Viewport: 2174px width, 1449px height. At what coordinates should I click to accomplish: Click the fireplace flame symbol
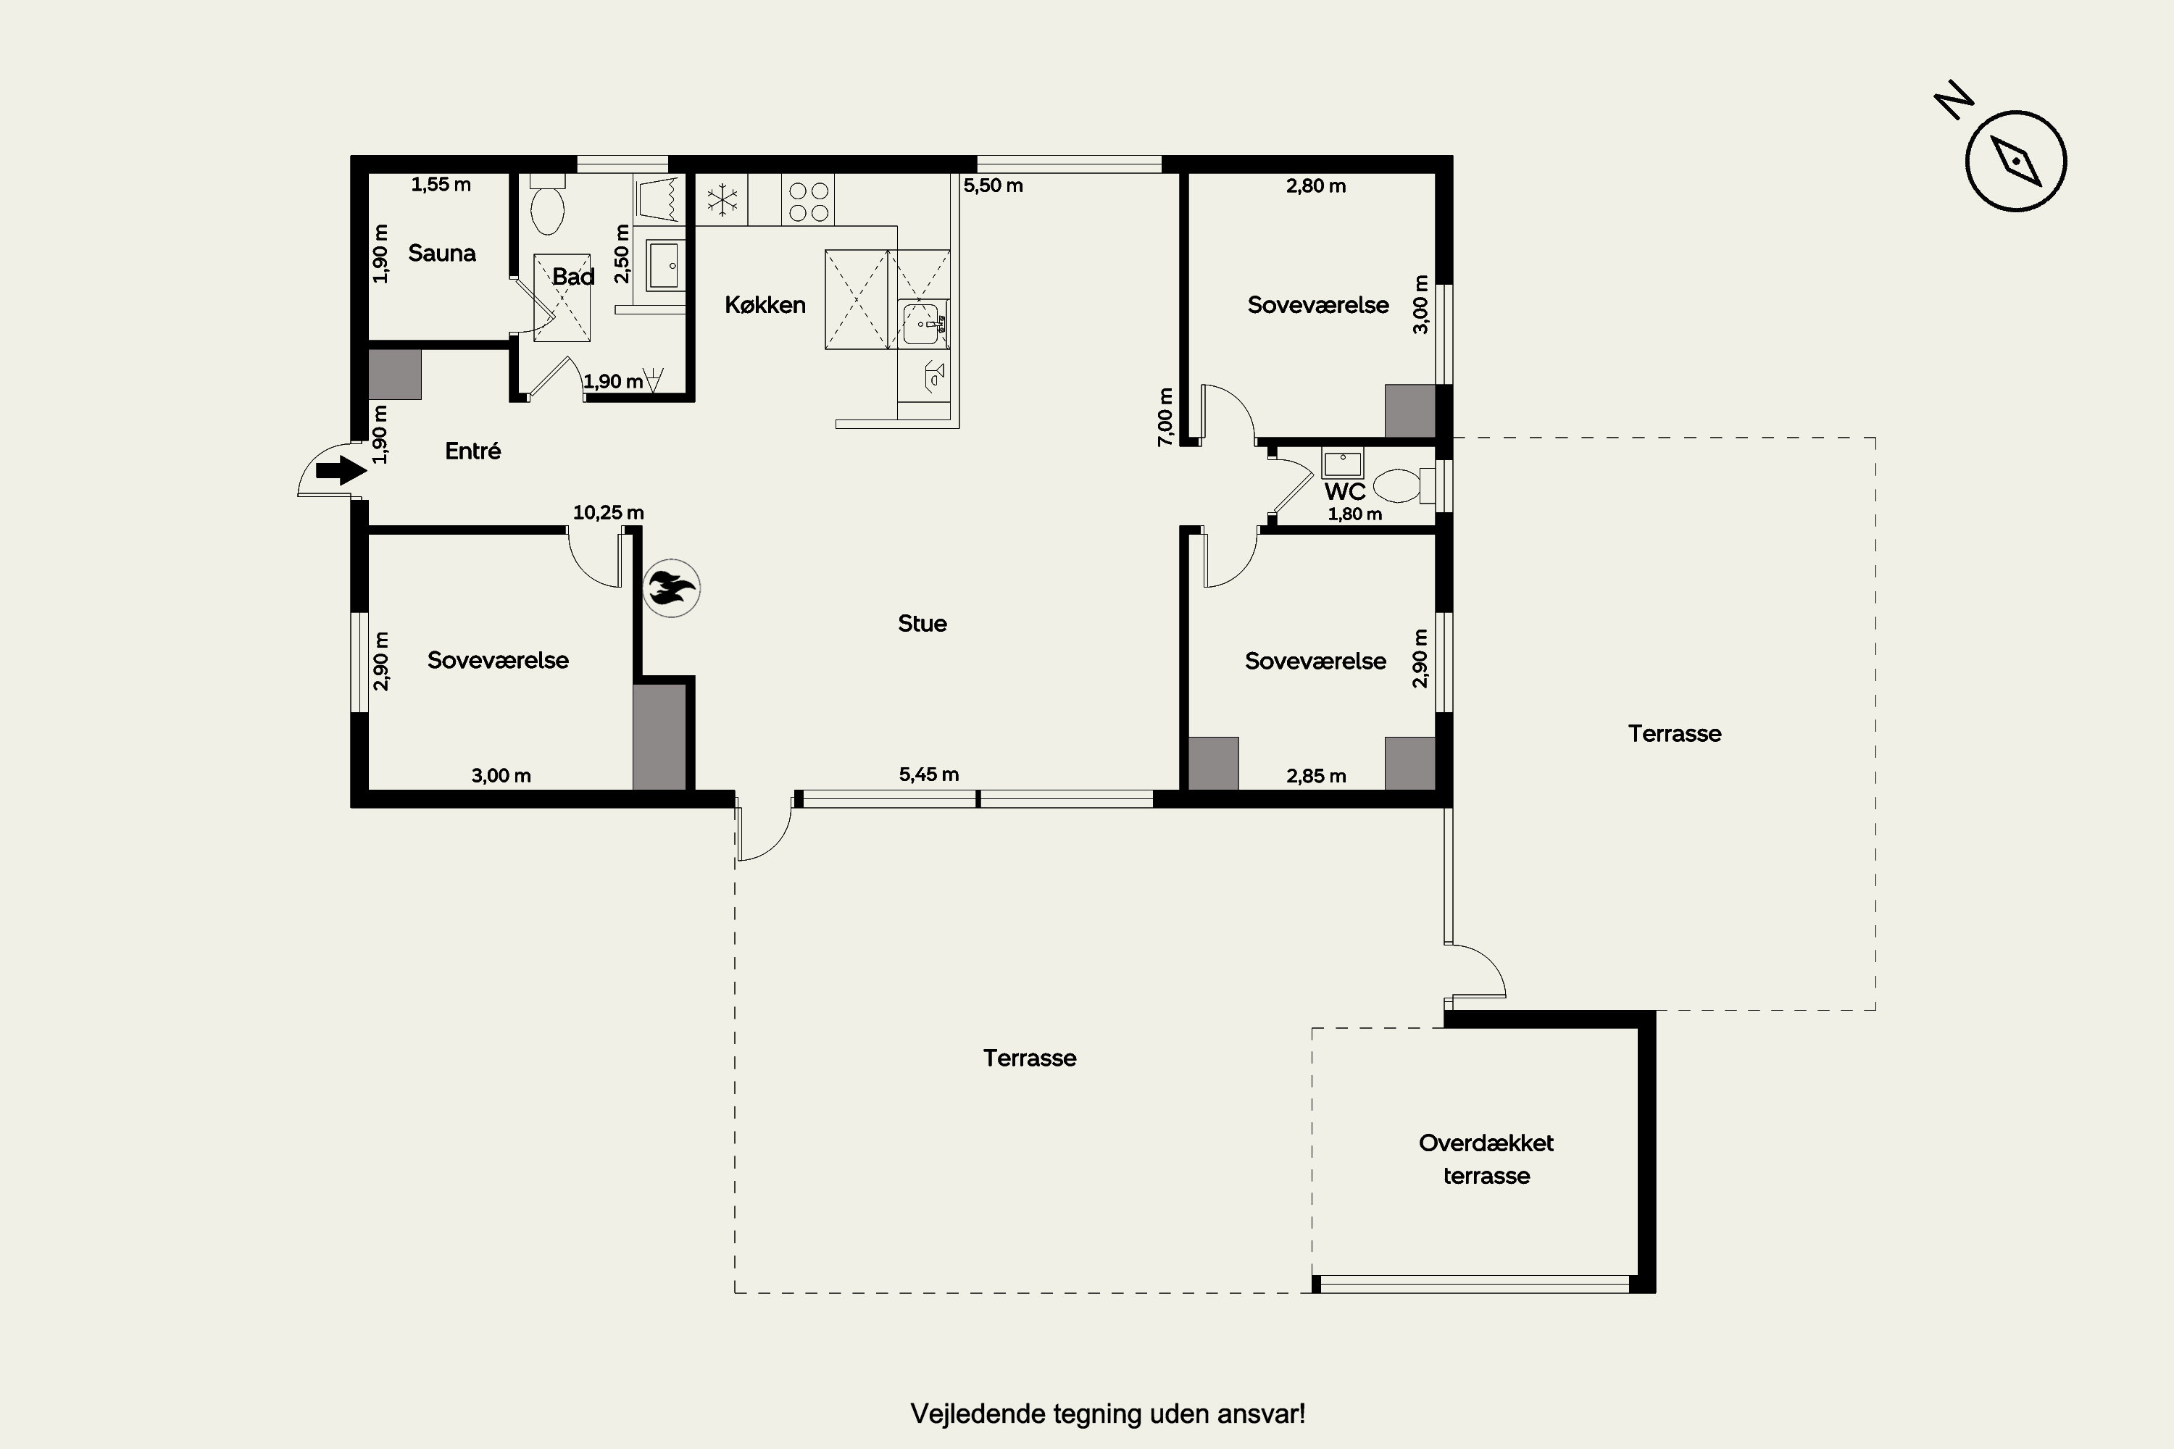coord(671,588)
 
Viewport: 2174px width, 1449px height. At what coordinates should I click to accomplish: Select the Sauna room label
coord(442,253)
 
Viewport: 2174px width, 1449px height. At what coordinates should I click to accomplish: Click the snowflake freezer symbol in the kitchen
coord(722,200)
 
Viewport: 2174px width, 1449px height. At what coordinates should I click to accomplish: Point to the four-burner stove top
coord(808,200)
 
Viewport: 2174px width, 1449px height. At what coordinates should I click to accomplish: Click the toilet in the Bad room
coord(547,204)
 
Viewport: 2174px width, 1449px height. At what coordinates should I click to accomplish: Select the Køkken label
coord(765,305)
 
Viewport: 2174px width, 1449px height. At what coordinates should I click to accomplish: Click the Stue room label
coord(923,624)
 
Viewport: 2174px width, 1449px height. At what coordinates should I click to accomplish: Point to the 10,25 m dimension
coord(608,512)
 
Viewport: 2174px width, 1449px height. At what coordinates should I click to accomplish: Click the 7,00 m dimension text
coord(1165,417)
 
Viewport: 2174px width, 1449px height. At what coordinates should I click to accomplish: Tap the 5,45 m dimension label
coord(929,774)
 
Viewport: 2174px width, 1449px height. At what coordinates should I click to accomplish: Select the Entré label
coord(473,451)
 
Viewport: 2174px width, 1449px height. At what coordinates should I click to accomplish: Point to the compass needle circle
coord(2016,162)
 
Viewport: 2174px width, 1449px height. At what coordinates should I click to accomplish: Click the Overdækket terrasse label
coord(1486,1158)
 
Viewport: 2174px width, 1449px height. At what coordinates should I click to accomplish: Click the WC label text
coord(1345,492)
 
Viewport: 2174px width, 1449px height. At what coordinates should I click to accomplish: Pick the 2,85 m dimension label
coord(1316,776)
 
